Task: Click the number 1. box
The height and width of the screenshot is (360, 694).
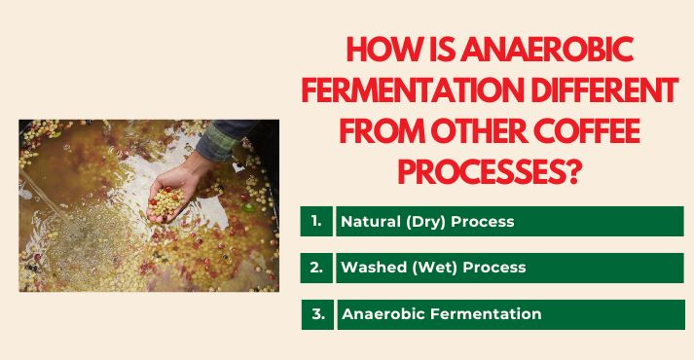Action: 316,222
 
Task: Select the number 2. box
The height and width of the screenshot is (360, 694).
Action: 316,267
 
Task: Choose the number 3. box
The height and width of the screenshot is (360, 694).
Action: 317,313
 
